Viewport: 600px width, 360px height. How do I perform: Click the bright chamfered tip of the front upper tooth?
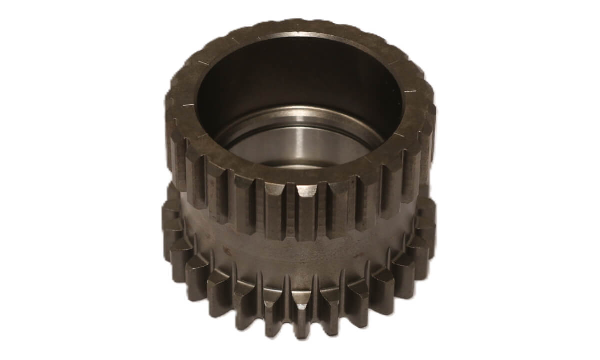click(x=306, y=190)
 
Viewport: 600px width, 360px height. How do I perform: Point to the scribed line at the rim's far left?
click(x=188, y=105)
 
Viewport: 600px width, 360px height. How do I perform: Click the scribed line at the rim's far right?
click(x=410, y=91)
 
